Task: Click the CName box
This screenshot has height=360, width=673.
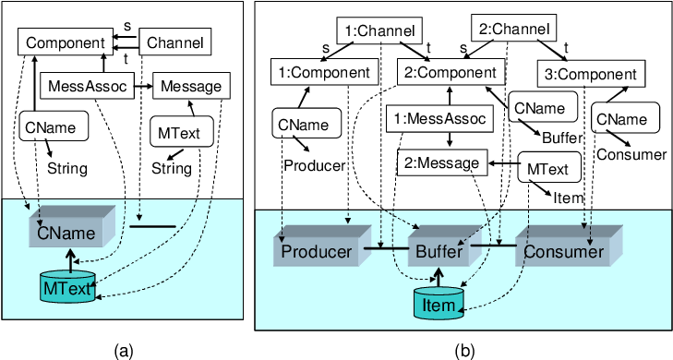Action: (66, 233)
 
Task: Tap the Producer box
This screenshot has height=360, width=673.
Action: (316, 252)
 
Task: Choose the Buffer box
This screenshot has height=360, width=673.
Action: (439, 252)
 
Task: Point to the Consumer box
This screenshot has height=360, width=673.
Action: (563, 252)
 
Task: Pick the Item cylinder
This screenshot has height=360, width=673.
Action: (438, 304)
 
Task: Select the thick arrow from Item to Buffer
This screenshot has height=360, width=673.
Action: (440, 277)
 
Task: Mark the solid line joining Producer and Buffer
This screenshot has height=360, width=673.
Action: (386, 248)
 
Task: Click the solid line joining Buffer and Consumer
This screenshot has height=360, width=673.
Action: (493, 246)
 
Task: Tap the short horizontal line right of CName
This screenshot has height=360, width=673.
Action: (152, 225)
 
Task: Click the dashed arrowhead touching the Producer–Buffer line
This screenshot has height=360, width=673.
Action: (380, 244)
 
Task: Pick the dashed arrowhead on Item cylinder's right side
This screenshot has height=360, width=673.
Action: (464, 310)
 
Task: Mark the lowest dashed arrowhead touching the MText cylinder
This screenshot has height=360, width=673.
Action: (99, 297)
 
